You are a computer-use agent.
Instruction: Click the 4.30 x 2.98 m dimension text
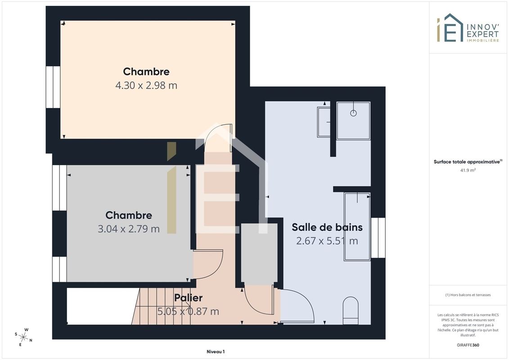click(x=146, y=85)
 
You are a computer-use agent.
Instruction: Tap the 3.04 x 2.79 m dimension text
click(x=129, y=229)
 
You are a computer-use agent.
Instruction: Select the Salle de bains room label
click(x=327, y=227)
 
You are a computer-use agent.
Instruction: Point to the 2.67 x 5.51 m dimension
click(x=327, y=241)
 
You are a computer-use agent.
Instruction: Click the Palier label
click(x=188, y=297)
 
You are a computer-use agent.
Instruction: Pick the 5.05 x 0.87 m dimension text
click(x=188, y=311)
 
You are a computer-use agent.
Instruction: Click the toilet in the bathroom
click(x=351, y=310)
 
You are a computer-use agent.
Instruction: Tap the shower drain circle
click(x=353, y=113)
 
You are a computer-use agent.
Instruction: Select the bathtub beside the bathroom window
click(x=357, y=227)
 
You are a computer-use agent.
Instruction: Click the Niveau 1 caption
click(x=216, y=351)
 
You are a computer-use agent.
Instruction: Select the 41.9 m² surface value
click(x=468, y=170)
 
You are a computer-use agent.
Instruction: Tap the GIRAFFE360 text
click(x=468, y=345)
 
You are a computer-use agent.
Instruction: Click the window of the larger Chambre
click(x=53, y=87)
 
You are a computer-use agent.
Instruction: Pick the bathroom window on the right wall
click(x=378, y=238)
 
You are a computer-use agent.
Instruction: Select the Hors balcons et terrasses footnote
click(x=468, y=295)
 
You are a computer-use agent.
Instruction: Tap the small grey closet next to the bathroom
click(x=259, y=254)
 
